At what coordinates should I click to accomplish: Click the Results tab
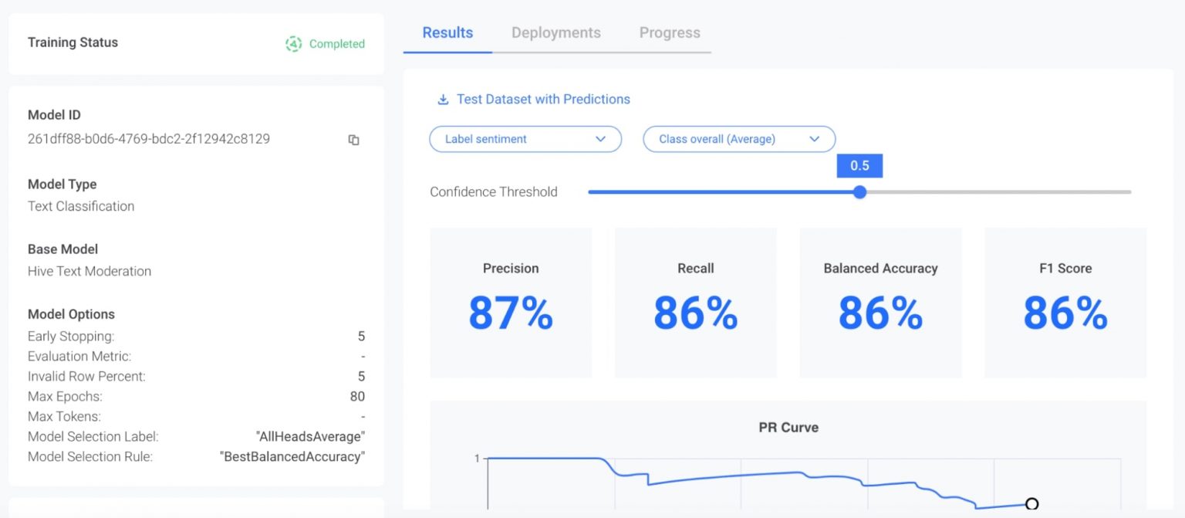(447, 33)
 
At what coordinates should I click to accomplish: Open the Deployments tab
(555, 33)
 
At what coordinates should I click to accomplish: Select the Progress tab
(670, 33)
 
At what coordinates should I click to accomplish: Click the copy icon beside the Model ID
(353, 140)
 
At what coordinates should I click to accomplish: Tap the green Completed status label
(336, 44)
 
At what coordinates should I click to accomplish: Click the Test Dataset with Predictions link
(542, 99)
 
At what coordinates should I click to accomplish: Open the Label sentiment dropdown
(525, 139)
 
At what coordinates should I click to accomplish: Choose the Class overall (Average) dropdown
(738, 139)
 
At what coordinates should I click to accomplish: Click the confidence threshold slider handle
(859, 192)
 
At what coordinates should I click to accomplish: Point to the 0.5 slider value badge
(859, 166)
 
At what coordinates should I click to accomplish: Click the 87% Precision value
(511, 313)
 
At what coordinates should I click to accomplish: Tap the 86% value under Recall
(695, 313)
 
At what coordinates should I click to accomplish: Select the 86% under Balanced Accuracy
(880, 313)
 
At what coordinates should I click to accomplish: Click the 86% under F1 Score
(1065, 313)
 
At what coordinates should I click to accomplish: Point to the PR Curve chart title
(788, 427)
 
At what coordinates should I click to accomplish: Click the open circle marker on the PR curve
(1031, 504)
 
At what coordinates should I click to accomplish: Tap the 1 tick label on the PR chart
(477, 459)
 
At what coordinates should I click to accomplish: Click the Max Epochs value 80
(356, 397)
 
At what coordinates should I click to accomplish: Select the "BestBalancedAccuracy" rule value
(292, 457)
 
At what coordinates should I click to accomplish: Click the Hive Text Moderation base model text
(89, 271)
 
